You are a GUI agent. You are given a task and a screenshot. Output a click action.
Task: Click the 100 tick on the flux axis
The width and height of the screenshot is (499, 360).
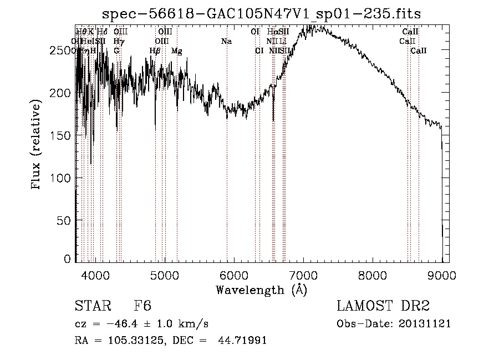pyautogui.click(x=63, y=178)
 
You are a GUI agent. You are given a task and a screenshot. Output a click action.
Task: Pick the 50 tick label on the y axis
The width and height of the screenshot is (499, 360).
pyautogui.click(x=66, y=220)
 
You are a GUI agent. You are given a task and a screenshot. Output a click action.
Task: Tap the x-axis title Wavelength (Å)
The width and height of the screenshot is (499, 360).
pyautogui.click(x=261, y=290)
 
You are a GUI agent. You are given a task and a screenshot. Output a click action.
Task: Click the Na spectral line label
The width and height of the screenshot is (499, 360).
pyautogui.click(x=226, y=41)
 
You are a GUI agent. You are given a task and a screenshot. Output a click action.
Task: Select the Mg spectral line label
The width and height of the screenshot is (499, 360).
pyautogui.click(x=176, y=50)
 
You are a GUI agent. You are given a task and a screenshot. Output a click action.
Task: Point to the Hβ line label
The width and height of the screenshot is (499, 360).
pyautogui.click(x=155, y=50)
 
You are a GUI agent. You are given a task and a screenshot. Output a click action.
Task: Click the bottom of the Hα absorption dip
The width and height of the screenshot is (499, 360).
pyautogui.click(x=273, y=120)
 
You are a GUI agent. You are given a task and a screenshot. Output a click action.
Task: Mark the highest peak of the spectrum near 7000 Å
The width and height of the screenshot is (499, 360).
pyautogui.click(x=307, y=26)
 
